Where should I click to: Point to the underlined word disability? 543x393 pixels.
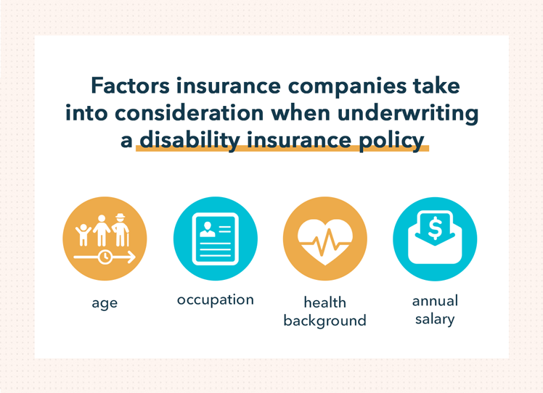[187, 140]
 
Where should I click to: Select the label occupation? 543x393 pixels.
[215, 299]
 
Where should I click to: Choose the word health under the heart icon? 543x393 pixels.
[324, 302]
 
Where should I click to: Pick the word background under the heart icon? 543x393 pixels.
[324, 320]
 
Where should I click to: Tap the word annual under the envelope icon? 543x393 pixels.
[435, 300]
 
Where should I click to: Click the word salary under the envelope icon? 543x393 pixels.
[435, 319]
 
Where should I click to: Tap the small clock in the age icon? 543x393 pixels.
[105, 257]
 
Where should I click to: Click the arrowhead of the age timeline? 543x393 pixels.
[132, 257]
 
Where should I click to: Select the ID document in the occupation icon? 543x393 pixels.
[215, 239]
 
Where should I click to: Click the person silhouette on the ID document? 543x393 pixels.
[207, 228]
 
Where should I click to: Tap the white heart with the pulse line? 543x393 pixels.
[324, 239]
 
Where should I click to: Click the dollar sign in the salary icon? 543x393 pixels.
[435, 228]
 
